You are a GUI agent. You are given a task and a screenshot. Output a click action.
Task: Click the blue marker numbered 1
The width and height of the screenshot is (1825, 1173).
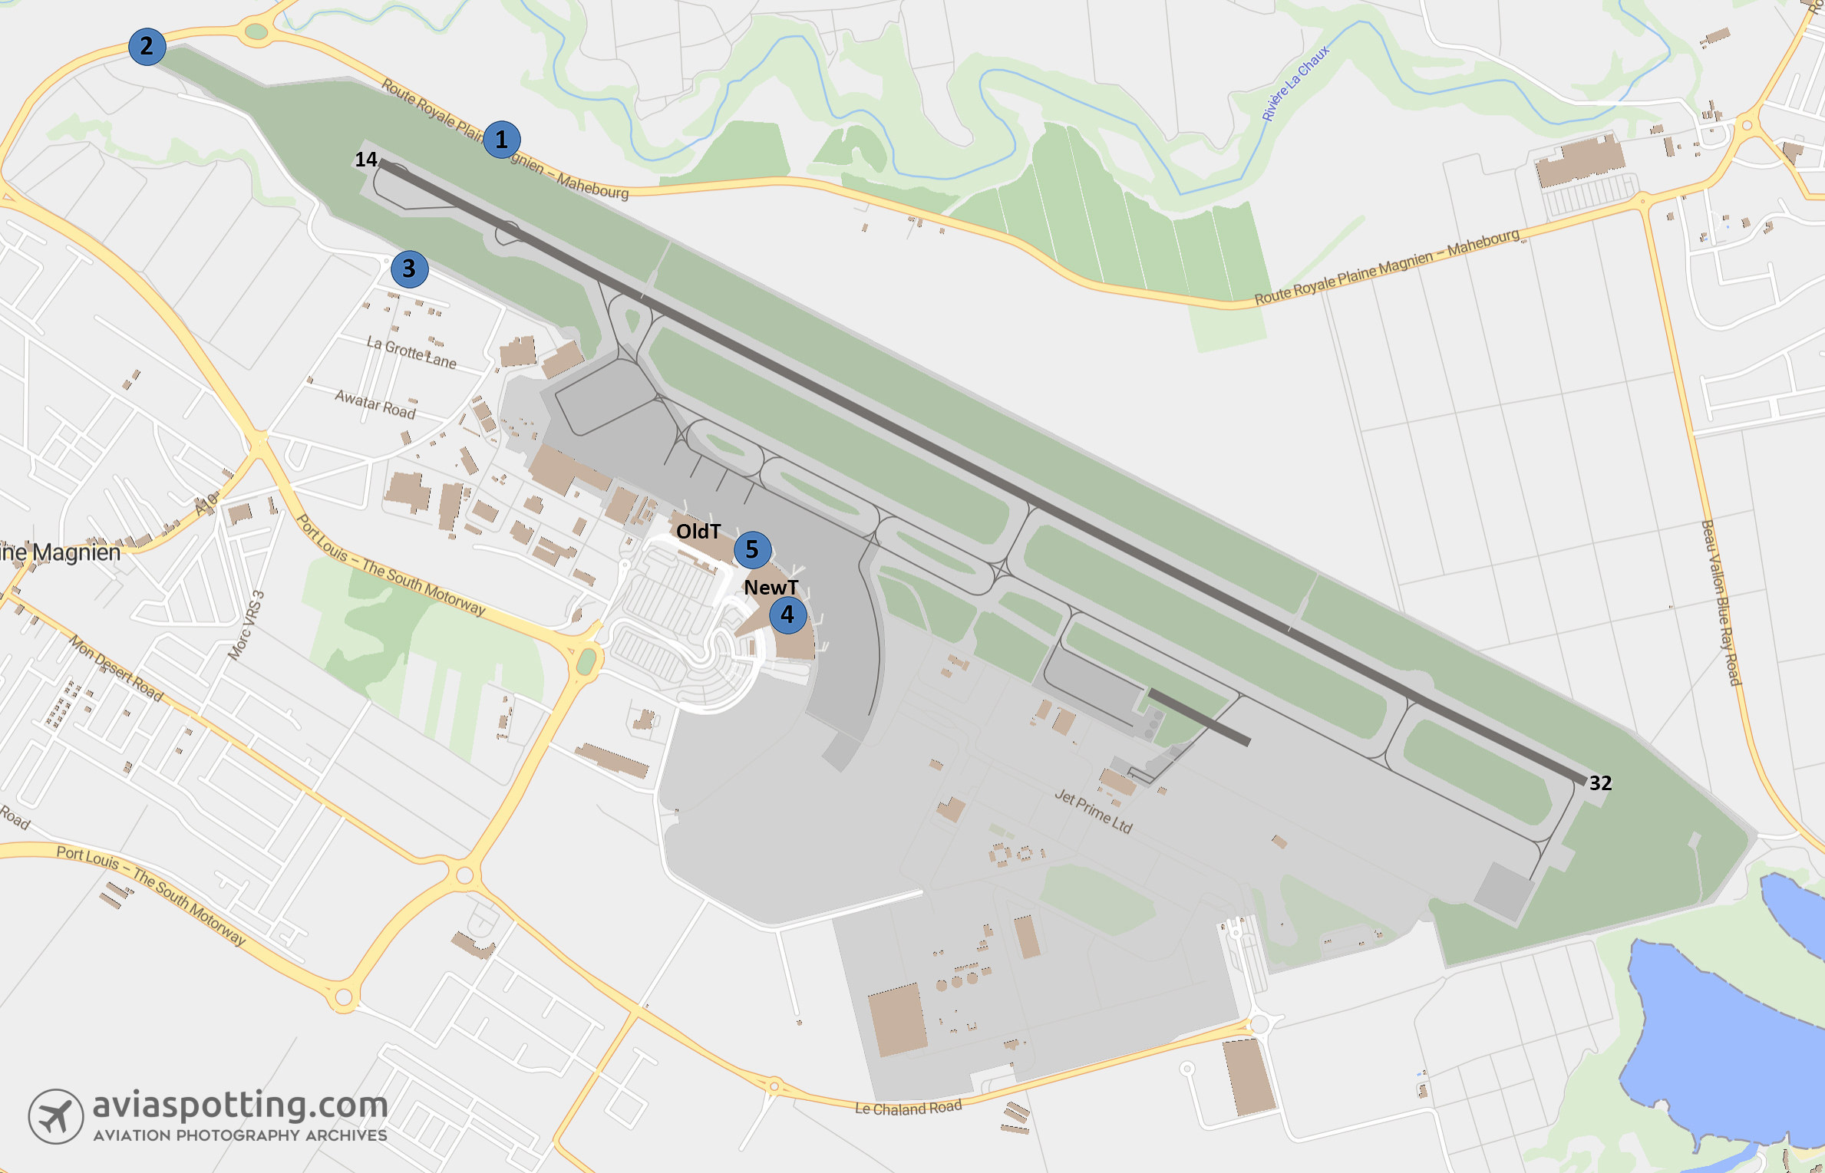(502, 140)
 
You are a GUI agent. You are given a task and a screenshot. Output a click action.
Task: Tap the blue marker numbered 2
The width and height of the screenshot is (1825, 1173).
(147, 46)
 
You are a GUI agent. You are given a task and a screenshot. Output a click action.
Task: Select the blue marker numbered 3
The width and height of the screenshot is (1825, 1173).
(409, 269)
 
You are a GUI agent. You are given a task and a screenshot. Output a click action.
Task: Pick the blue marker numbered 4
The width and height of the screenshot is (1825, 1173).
(787, 615)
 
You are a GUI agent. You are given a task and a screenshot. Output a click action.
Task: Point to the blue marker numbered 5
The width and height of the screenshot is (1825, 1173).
(752, 549)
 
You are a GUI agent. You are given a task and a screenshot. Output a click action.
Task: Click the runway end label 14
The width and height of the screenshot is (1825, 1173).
(365, 159)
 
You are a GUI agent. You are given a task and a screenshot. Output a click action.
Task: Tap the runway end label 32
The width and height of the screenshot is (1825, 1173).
(1600, 783)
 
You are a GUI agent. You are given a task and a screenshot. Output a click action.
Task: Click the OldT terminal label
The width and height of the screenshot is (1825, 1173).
(698, 531)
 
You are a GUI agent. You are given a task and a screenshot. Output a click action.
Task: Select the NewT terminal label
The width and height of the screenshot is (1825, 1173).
(771, 588)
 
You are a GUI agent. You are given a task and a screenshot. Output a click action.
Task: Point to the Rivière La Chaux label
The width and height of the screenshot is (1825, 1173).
(1295, 84)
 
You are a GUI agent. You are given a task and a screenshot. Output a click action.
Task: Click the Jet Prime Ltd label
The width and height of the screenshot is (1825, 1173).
(1093, 811)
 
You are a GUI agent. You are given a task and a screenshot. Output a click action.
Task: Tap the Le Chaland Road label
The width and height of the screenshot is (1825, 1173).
(908, 1108)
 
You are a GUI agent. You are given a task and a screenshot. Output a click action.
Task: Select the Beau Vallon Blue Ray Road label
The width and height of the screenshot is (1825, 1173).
(1721, 602)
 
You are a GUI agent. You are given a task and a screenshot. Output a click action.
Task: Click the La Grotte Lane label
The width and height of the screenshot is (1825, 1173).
(411, 352)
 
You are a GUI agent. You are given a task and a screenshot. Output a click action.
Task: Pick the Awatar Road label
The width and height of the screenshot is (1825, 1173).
(375, 404)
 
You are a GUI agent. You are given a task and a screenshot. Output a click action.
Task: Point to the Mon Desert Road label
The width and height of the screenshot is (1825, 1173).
(116, 667)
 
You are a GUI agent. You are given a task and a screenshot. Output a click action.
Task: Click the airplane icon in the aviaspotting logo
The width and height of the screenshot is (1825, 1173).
(56, 1116)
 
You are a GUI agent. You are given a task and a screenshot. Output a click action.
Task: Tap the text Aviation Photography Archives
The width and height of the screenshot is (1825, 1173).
(240, 1135)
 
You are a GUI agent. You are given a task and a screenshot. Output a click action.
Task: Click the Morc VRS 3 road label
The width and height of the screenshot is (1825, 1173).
(246, 625)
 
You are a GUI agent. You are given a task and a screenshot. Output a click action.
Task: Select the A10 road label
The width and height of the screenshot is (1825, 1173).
(206, 503)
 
